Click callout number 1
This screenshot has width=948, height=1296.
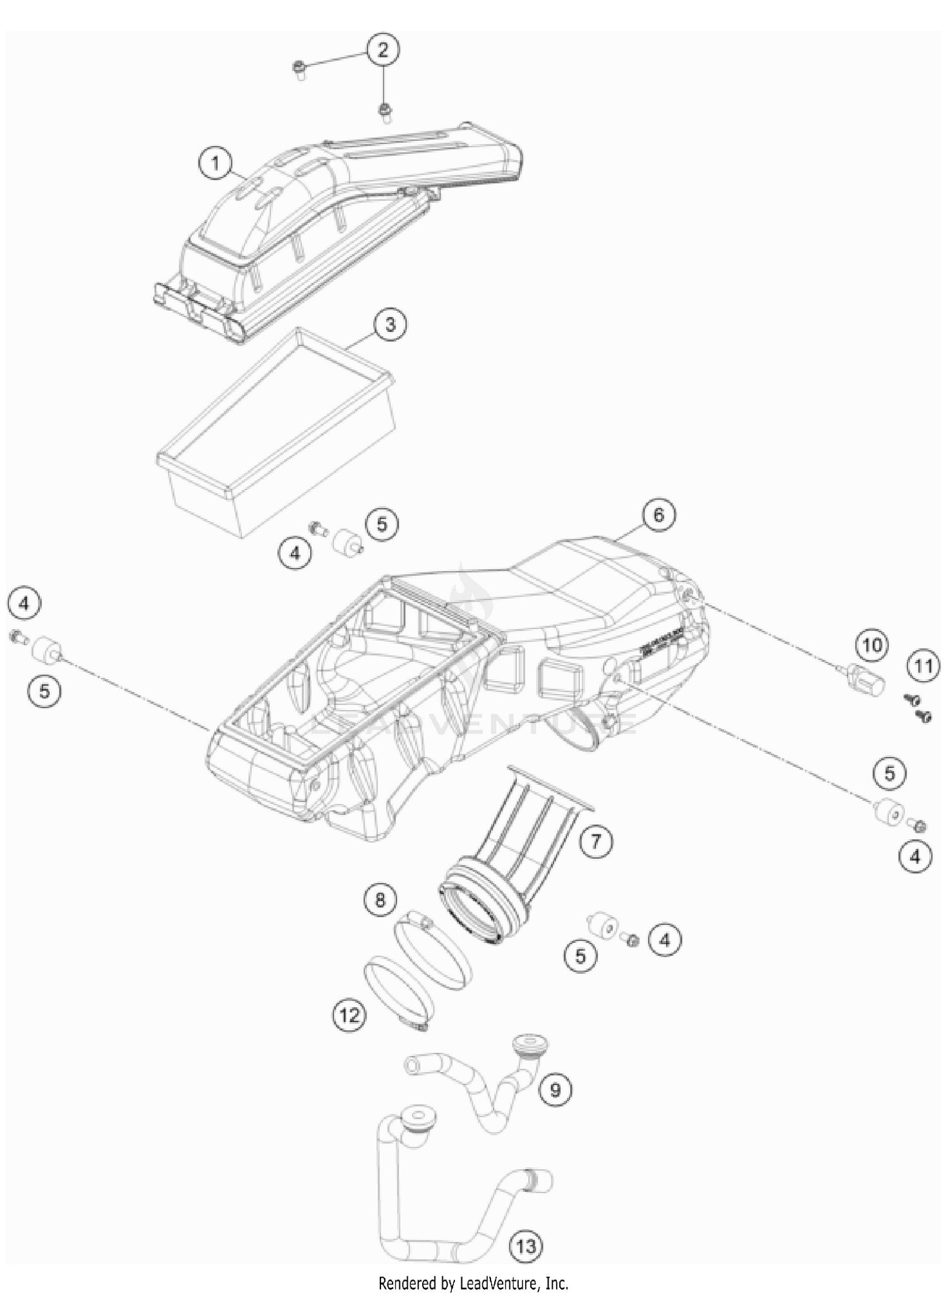point(216,164)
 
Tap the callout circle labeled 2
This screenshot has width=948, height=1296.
point(382,49)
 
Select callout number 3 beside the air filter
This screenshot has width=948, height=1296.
point(390,325)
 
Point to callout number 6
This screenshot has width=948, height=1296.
point(659,515)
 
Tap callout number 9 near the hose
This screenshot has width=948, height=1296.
point(556,1089)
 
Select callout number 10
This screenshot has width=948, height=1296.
point(872,645)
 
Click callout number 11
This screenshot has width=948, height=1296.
point(923,666)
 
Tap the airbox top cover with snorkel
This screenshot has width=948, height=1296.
point(329,227)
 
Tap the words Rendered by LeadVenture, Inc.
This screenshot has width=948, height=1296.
point(473,1283)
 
